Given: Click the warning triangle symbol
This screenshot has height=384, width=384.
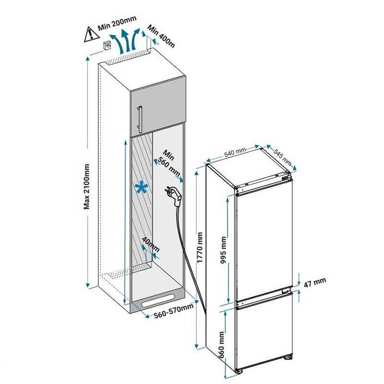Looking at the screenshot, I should click(x=90, y=34).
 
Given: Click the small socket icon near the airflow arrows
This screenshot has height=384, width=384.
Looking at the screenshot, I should click(x=108, y=46).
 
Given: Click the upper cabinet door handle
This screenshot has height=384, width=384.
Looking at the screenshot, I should click(x=139, y=119).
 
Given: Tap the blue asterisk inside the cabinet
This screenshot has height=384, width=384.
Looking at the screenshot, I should click(x=141, y=189).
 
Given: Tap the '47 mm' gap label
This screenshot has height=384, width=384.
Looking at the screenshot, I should click(x=315, y=282).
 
